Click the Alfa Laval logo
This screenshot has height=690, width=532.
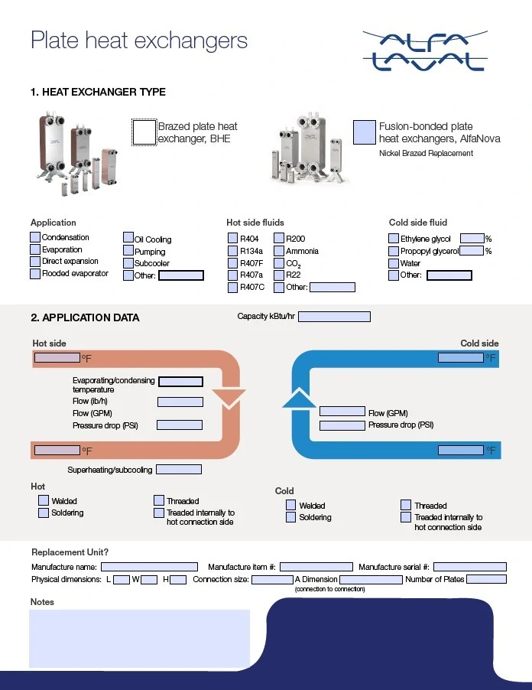(x=425, y=51)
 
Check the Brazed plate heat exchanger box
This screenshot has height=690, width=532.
(x=144, y=132)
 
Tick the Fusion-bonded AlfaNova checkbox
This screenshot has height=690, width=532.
(x=365, y=132)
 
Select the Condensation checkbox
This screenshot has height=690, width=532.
(x=35, y=237)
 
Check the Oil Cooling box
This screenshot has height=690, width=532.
(x=128, y=238)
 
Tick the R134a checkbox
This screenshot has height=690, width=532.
(x=233, y=251)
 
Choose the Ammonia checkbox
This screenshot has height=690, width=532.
(x=279, y=251)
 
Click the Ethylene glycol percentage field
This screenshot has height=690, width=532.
(x=472, y=239)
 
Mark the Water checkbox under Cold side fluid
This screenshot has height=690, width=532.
(x=394, y=263)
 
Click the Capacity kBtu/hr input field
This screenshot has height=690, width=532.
(x=334, y=317)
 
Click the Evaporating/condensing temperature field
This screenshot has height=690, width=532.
(x=180, y=382)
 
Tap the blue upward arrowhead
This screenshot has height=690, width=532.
(x=299, y=398)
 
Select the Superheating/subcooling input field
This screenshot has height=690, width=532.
(x=179, y=470)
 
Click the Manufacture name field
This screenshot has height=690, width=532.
(x=150, y=567)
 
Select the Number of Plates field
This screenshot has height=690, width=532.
(x=486, y=579)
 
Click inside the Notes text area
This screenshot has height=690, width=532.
(x=139, y=639)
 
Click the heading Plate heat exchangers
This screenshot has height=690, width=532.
(x=139, y=41)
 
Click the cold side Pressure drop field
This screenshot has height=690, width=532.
(x=342, y=425)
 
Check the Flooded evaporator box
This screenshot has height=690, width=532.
(x=35, y=274)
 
